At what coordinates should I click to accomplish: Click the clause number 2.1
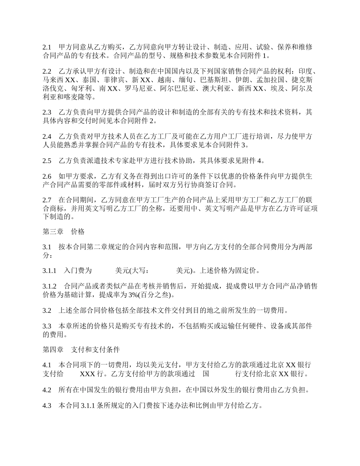click(x=47, y=47)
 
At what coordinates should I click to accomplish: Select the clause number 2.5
click(x=47, y=161)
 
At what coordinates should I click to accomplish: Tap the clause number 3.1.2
click(x=49, y=286)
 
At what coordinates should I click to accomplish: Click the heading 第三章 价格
click(x=63, y=231)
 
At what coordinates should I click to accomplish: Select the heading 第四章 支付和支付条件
click(x=81, y=349)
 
